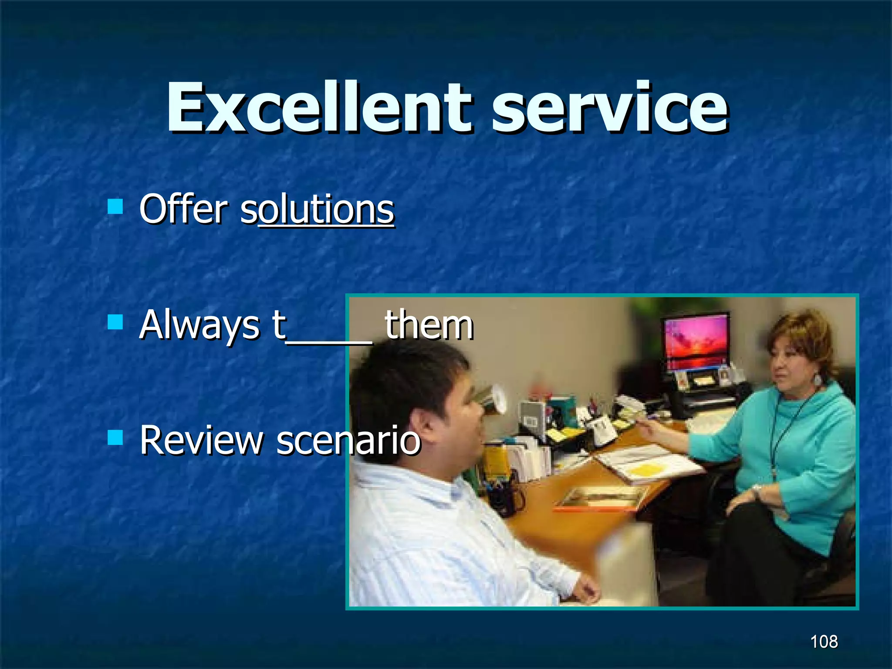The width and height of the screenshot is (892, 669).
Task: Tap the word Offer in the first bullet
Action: pos(183,210)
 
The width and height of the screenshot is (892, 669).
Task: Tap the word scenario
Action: pos(348,441)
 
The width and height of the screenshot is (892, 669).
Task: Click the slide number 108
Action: pos(824,642)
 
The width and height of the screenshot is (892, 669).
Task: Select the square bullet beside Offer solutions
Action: pos(115,206)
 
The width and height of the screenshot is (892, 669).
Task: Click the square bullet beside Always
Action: pos(115,322)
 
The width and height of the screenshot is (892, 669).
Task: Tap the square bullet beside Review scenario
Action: pos(115,437)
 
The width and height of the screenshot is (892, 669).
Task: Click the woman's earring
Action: pos(818,380)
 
